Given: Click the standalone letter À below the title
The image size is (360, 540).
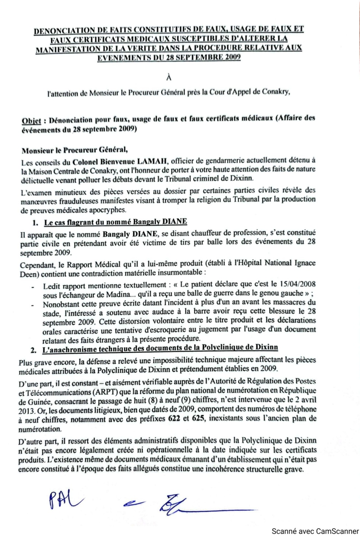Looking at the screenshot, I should tap(169, 77).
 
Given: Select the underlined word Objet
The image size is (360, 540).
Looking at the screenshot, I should tap(31, 120).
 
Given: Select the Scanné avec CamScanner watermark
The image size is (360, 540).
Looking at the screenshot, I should tap(315, 531).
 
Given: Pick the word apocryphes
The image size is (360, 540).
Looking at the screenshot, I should tap(107, 210).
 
